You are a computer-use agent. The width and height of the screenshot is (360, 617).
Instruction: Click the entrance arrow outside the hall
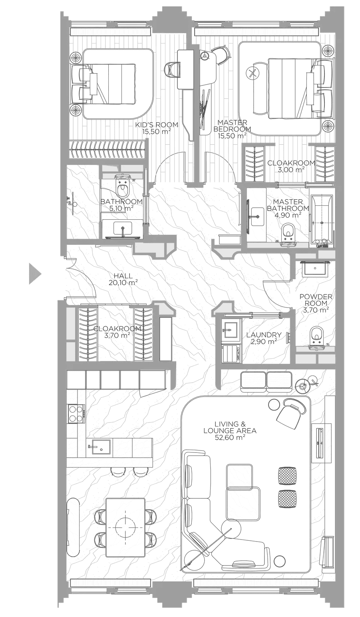click(x=34, y=274)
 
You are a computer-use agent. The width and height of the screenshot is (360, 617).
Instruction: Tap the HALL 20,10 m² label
click(x=123, y=279)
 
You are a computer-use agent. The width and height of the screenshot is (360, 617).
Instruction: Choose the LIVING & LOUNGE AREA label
click(x=230, y=431)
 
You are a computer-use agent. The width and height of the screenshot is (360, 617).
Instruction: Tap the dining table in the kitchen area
click(x=125, y=527)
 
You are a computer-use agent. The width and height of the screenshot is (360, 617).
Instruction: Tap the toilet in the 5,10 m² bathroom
click(x=123, y=185)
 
